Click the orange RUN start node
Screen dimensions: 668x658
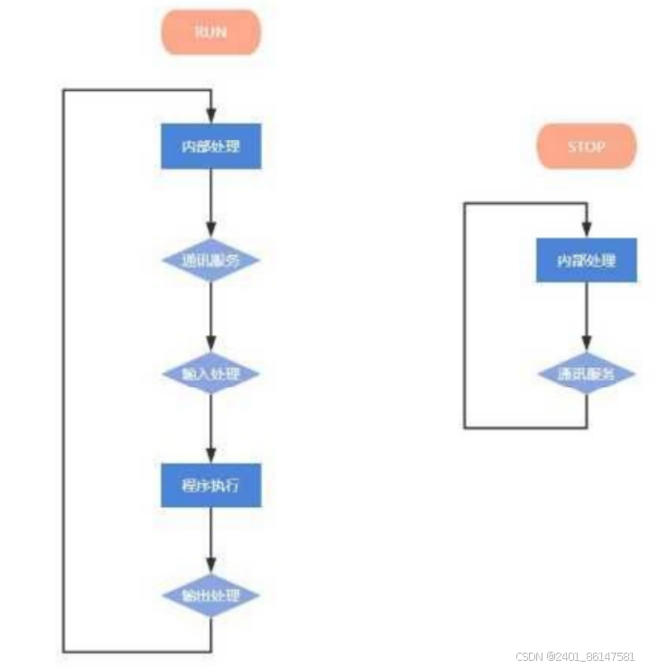(x=211, y=32)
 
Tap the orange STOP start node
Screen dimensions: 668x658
(x=586, y=146)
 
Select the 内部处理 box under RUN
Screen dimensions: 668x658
(x=211, y=146)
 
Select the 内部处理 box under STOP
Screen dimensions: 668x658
(x=586, y=260)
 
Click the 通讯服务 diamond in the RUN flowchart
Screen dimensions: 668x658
(x=211, y=260)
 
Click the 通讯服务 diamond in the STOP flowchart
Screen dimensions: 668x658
(x=586, y=373)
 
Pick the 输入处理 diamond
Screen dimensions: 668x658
(x=211, y=373)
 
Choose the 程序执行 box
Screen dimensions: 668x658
(x=211, y=486)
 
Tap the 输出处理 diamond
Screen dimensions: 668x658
(x=211, y=596)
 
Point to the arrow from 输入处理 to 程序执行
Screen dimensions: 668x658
(x=211, y=429)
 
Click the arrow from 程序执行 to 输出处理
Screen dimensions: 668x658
(x=211, y=540)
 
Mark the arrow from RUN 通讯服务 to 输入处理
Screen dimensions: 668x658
(x=211, y=316)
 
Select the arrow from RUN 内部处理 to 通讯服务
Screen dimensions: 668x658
(x=211, y=203)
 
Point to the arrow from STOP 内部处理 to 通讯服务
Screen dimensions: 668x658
(x=586, y=316)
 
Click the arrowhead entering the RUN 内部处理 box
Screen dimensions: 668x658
(x=211, y=117)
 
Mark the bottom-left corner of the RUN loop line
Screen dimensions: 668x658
(x=63, y=651)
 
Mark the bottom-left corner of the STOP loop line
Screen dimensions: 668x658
(x=465, y=427)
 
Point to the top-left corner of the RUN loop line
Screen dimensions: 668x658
(x=63, y=90)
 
